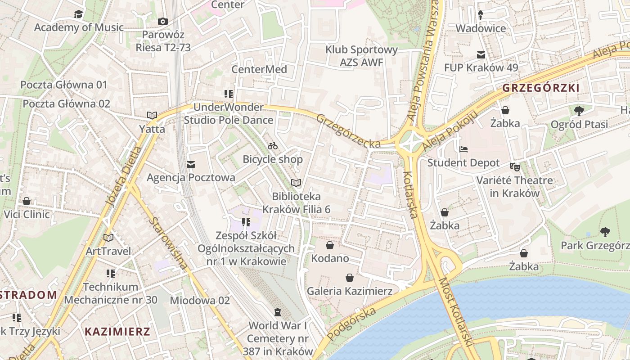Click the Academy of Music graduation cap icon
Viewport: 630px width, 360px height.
79,14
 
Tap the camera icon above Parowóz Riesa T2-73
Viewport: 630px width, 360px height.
163,21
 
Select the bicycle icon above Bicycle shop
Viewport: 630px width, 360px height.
273,146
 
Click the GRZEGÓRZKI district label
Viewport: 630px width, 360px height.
541,88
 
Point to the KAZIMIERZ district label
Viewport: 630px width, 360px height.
117,332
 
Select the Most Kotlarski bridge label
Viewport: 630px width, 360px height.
456,311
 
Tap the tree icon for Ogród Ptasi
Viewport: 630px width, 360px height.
579,110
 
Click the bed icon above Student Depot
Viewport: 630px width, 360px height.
463,149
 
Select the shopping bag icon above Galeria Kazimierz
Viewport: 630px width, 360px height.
349,278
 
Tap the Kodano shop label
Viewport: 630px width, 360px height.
330,258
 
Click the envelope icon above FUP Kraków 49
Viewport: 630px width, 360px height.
481,55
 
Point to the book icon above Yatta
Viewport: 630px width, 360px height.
152,116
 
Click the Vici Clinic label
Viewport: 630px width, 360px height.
27,214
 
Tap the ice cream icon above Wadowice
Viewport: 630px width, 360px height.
481,15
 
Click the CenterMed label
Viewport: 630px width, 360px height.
259,69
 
